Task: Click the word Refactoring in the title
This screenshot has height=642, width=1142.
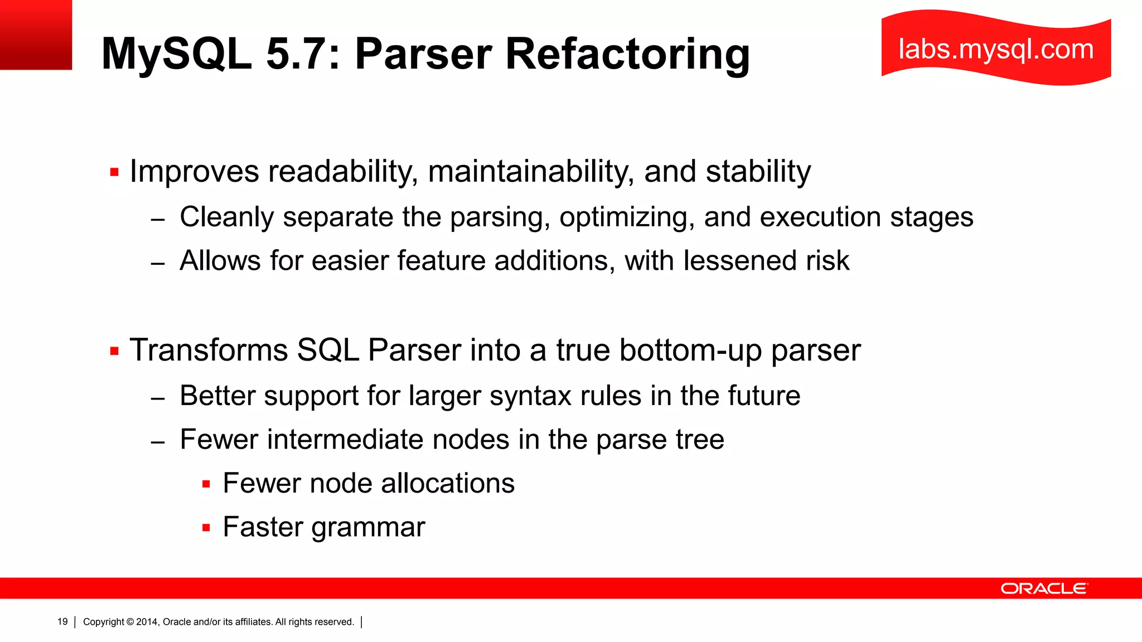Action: click(x=627, y=54)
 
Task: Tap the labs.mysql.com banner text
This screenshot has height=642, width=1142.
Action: click(x=996, y=49)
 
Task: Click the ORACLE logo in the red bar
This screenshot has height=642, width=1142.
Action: click(x=1044, y=588)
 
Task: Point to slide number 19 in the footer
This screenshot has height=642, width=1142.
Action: click(x=62, y=621)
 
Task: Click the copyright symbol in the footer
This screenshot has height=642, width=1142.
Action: click(x=130, y=622)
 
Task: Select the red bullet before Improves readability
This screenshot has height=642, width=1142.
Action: click(x=115, y=172)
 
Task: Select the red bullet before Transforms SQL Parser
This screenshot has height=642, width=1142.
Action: click(x=115, y=351)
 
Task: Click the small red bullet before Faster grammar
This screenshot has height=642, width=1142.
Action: click(x=206, y=527)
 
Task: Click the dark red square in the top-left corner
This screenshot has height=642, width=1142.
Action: click(x=36, y=35)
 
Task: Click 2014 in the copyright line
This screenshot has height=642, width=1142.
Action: click(x=148, y=622)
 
